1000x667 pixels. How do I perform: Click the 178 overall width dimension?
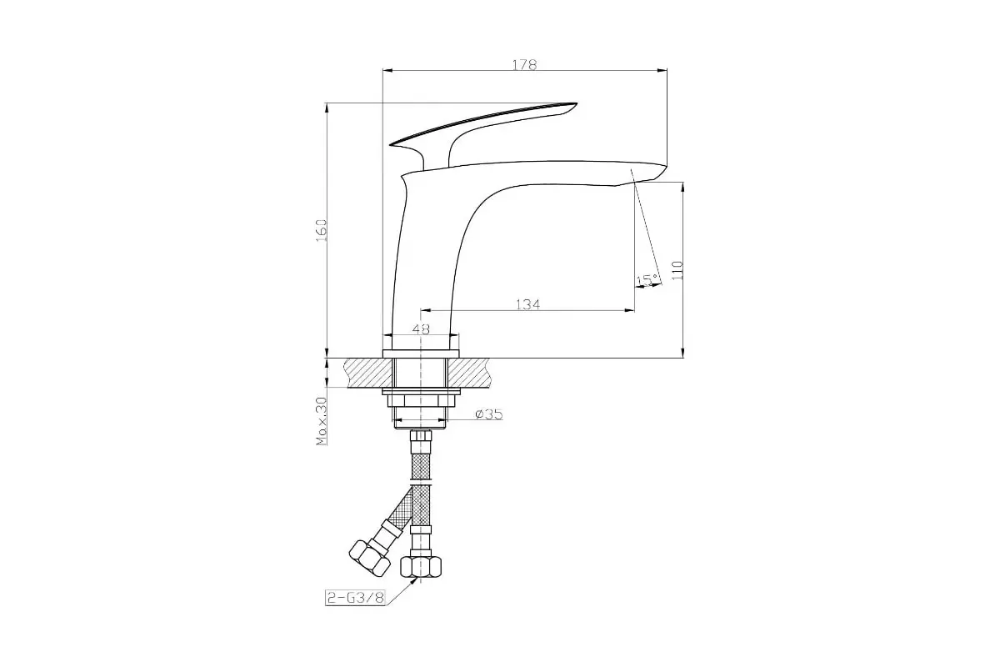pyautogui.click(x=524, y=65)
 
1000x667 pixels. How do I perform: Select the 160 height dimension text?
pyautogui.click(x=322, y=230)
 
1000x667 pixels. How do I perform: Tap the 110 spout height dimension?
pyautogui.click(x=677, y=270)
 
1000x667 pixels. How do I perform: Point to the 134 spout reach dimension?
pyautogui.click(x=527, y=304)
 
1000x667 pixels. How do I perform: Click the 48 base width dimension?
pyautogui.click(x=421, y=329)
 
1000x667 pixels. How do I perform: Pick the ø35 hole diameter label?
pyautogui.click(x=489, y=414)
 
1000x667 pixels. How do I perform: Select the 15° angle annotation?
pyautogui.click(x=647, y=280)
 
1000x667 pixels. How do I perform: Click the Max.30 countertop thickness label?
pyautogui.click(x=322, y=421)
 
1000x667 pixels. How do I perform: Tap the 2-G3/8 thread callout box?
pyautogui.click(x=355, y=598)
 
